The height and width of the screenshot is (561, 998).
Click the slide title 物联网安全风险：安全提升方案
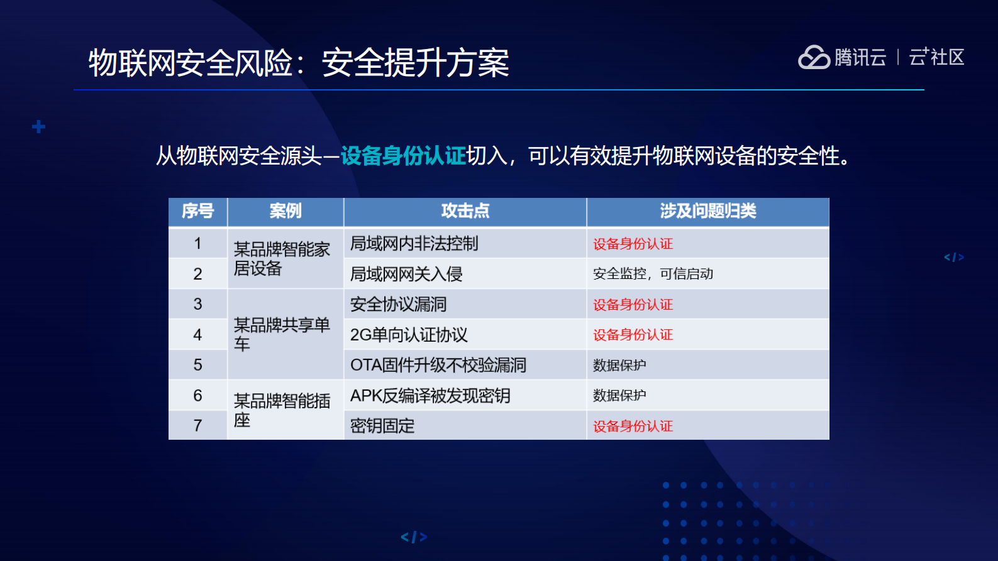point(299,63)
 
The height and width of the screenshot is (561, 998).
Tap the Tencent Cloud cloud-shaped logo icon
point(814,57)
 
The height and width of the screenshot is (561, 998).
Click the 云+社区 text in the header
point(936,57)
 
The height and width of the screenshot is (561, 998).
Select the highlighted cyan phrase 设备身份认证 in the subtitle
point(403,156)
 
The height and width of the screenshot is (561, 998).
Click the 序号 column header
point(197,211)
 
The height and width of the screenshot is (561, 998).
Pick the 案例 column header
point(286,211)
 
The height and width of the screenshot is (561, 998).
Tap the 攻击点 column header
point(465,211)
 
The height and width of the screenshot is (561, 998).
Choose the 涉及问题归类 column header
point(708,211)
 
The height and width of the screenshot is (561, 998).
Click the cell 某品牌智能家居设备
point(282,259)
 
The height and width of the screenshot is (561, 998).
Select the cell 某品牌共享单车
point(282,334)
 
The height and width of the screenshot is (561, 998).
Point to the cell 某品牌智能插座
point(282,410)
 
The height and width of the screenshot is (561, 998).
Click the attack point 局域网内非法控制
point(414,243)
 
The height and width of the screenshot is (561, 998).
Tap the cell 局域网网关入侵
point(406,274)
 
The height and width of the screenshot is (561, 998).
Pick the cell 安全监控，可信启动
point(653,274)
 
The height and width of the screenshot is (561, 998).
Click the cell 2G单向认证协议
point(409,335)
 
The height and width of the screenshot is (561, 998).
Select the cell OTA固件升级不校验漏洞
point(438,365)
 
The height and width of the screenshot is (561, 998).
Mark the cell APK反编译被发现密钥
point(430,396)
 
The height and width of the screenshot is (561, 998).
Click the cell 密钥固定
point(382,426)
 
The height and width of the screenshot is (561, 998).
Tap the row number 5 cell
point(197,365)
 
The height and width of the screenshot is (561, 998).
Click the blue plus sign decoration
point(38,127)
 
